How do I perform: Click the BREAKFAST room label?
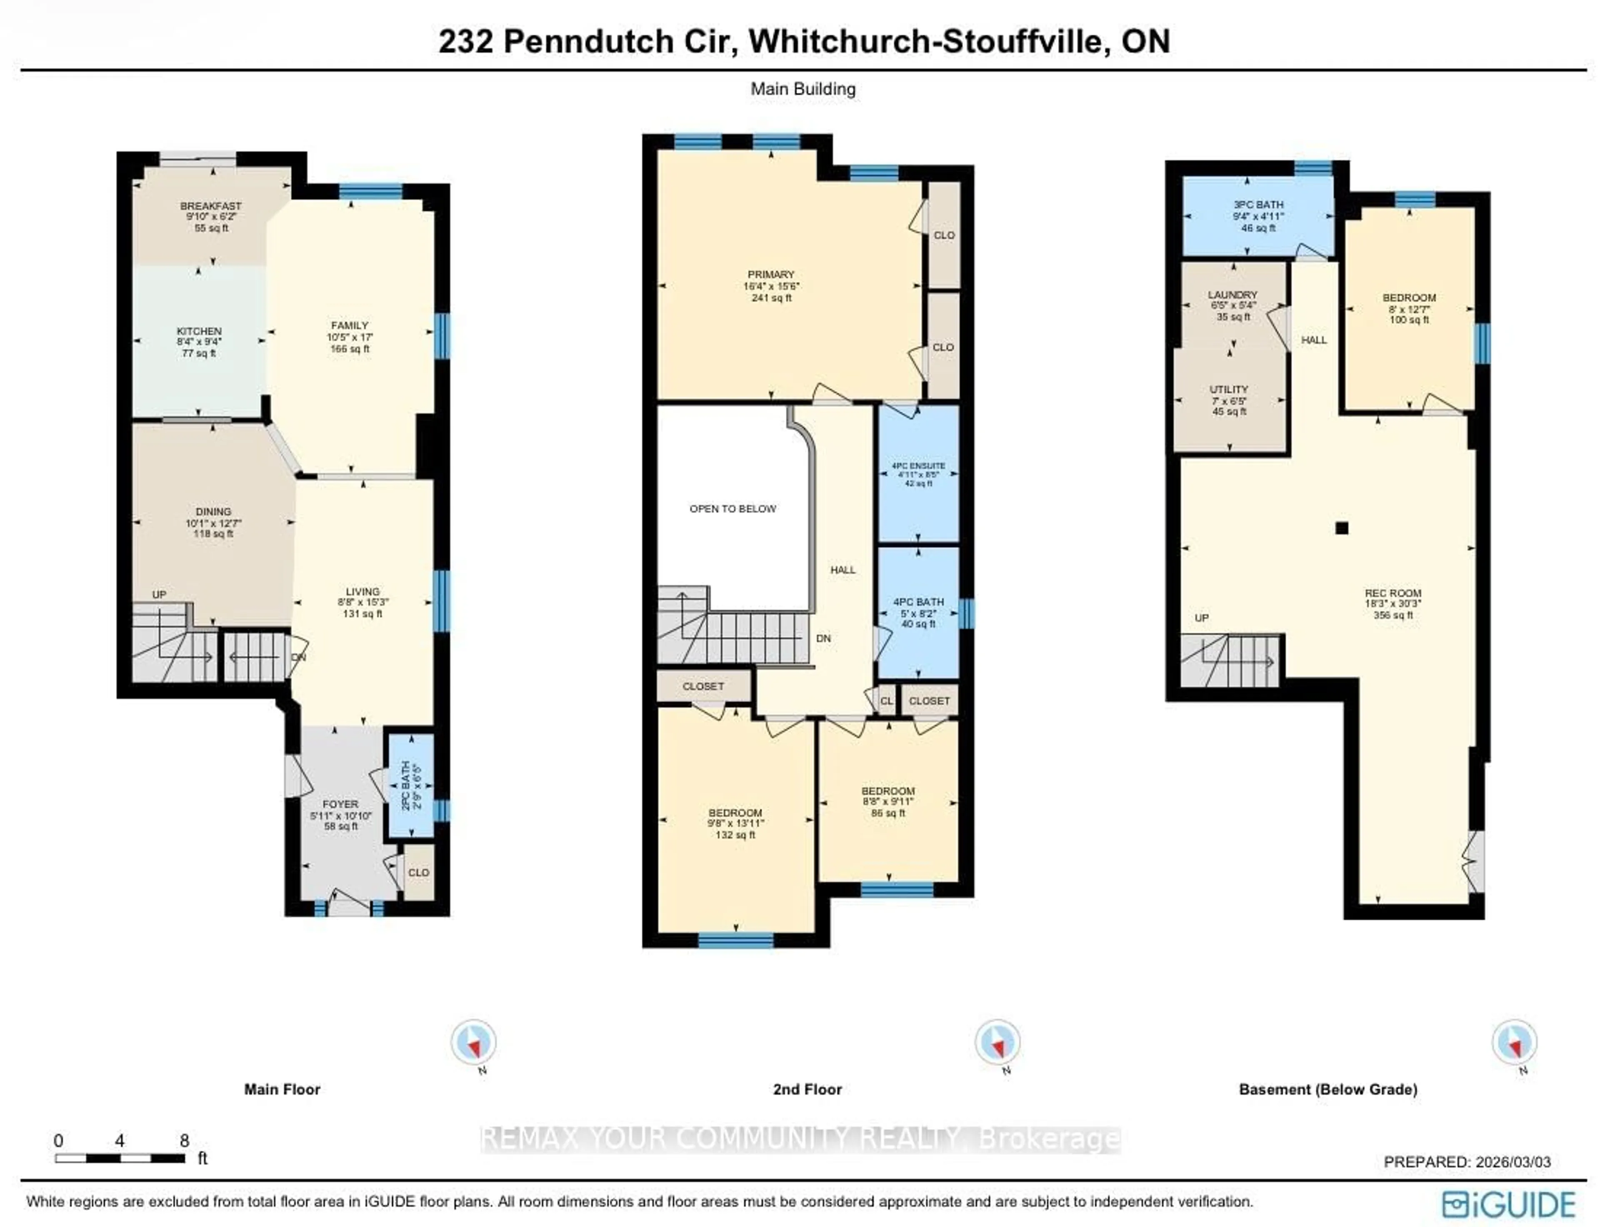(211, 207)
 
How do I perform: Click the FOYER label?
(340, 804)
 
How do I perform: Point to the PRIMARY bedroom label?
(771, 274)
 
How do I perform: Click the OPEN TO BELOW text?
(733, 509)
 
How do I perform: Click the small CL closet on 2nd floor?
(886, 701)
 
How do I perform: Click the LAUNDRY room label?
(1232, 295)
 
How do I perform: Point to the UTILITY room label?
(1229, 390)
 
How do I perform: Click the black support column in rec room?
(1341, 528)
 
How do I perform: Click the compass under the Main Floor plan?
(473, 1042)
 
